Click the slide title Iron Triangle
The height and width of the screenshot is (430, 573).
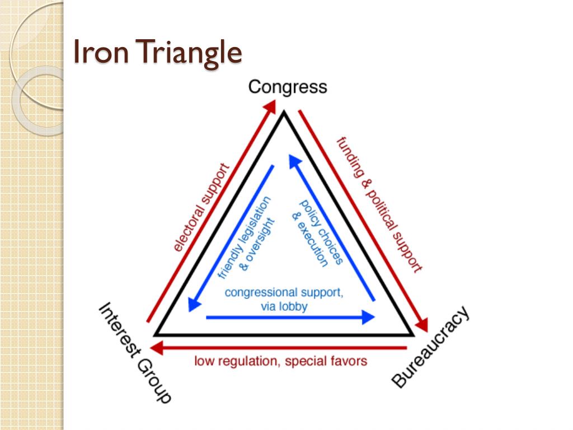click(x=158, y=53)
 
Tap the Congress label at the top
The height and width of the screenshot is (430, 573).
click(x=287, y=87)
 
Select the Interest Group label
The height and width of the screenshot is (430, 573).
click(x=135, y=352)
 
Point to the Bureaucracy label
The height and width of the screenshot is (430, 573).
click(x=430, y=347)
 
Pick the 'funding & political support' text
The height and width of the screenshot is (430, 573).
click(x=379, y=204)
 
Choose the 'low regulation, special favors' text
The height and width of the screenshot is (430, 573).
click(x=281, y=361)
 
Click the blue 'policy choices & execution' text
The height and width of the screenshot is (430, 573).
click(x=313, y=232)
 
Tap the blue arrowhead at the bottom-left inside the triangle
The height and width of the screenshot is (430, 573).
click(x=194, y=305)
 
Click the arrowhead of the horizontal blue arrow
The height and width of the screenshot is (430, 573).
click(x=369, y=317)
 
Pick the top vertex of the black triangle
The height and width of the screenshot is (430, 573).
click(x=284, y=113)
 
